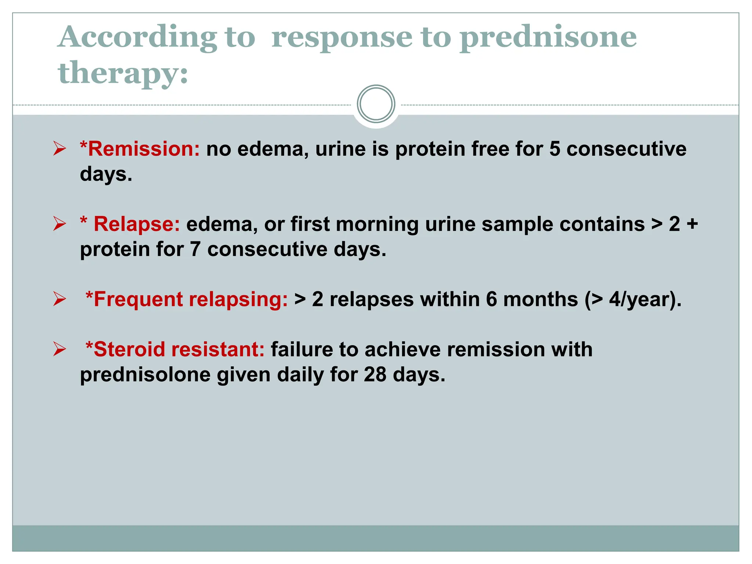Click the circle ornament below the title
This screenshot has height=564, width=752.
pos(376,104)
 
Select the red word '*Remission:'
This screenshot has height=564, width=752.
pos(140,149)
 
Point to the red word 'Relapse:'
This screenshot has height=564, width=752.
pos(137,224)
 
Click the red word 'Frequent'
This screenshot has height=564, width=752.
pos(138,299)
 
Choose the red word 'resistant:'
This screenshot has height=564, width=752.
pos(218,349)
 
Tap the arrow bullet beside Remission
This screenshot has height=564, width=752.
pos(59,149)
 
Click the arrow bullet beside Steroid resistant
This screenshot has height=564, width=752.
pos(59,349)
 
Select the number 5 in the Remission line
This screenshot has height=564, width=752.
pos(555,149)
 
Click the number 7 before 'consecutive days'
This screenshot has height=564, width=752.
pos(195,249)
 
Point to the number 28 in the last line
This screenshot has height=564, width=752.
pos(375,375)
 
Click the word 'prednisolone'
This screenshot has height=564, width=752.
pos(145,375)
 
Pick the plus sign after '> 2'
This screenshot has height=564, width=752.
pos(692,224)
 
